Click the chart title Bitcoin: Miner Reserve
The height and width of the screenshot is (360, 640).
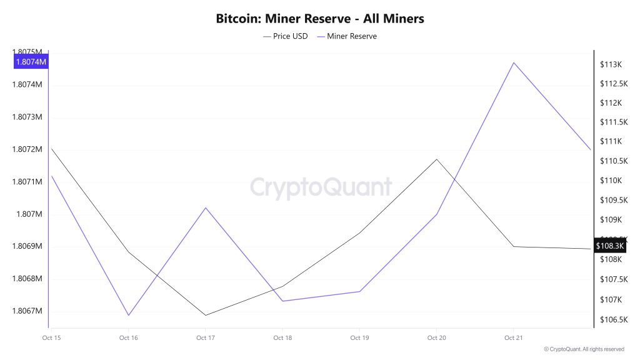[x=320, y=19]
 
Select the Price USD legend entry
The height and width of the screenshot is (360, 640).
[x=286, y=36]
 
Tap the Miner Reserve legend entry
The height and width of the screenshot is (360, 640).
[x=347, y=36]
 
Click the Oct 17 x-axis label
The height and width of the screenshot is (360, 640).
[x=206, y=338]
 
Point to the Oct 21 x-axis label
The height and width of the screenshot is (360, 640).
[x=513, y=338]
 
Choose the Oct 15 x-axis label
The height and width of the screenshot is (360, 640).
[x=51, y=338]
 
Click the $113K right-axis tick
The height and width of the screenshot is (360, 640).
[x=609, y=64]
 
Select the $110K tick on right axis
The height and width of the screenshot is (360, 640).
[x=609, y=181]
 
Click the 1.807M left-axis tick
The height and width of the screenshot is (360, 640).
[x=29, y=214]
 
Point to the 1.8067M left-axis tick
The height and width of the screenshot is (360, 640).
[x=27, y=311]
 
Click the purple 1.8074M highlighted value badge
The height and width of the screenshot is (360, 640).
[x=31, y=62]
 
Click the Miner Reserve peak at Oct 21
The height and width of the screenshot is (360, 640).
[x=514, y=62]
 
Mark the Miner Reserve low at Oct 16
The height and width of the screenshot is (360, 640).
[x=129, y=315]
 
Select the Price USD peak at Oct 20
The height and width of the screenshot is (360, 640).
[x=437, y=159]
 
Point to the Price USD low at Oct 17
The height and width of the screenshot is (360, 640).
[x=206, y=315]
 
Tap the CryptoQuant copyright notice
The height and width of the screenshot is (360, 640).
[x=584, y=349]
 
